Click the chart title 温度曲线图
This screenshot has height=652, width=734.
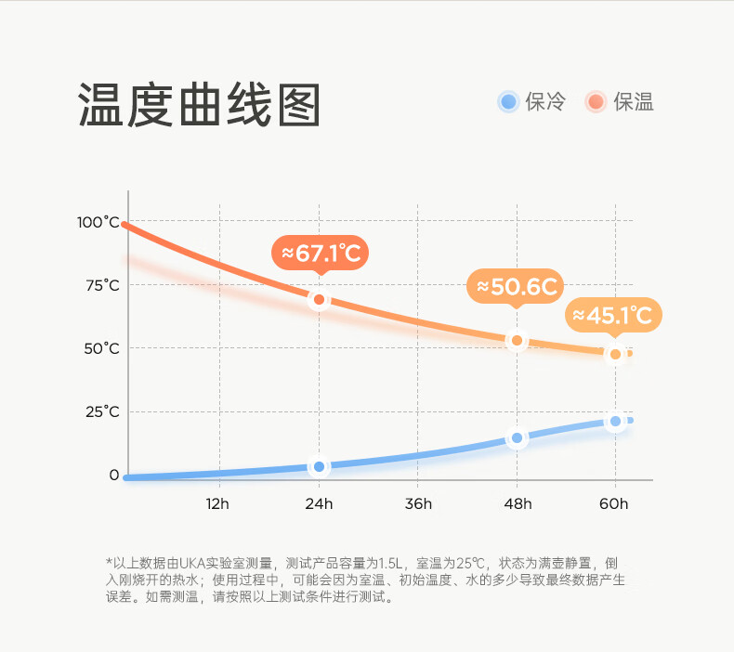(x=199, y=105)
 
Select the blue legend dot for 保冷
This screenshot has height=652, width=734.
(x=507, y=102)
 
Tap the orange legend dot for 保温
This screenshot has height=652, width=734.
(x=596, y=102)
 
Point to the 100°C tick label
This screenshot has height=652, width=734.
(x=99, y=222)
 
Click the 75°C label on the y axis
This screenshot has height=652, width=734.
(x=102, y=285)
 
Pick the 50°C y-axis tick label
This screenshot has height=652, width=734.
(x=102, y=348)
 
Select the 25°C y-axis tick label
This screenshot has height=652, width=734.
(x=102, y=411)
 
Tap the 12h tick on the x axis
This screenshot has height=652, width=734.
(x=217, y=503)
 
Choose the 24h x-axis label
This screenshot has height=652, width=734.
(x=319, y=503)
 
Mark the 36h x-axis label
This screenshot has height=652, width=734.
(x=418, y=503)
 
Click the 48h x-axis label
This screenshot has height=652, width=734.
(x=518, y=503)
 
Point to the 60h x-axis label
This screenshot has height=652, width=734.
(x=614, y=503)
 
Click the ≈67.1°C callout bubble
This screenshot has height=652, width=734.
(x=321, y=252)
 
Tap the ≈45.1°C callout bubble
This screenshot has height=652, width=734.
(x=613, y=315)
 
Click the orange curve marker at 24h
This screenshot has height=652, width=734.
(x=319, y=299)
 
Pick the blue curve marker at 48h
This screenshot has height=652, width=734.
(x=518, y=437)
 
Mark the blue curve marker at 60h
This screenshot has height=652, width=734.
(x=615, y=422)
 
